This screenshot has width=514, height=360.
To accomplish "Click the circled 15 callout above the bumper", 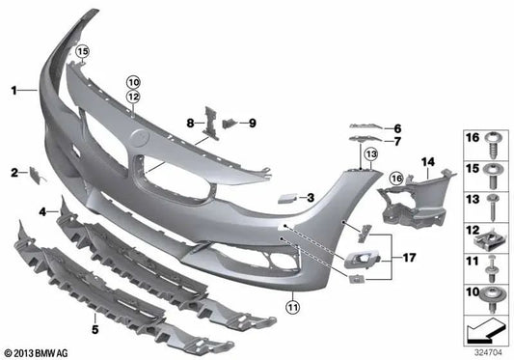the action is [83, 51].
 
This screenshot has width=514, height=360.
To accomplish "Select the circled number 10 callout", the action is [134, 82].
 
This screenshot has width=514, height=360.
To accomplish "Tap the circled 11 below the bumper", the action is [293, 307].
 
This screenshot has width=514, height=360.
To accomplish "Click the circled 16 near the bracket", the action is [396, 179].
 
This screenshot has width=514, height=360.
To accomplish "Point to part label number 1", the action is [14, 91].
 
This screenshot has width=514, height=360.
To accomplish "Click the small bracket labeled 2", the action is [37, 176].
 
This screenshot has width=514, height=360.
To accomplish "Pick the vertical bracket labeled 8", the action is [210, 124].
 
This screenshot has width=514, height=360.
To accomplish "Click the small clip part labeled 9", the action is [230, 124].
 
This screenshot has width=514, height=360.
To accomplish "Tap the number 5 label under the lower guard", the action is [95, 329].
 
